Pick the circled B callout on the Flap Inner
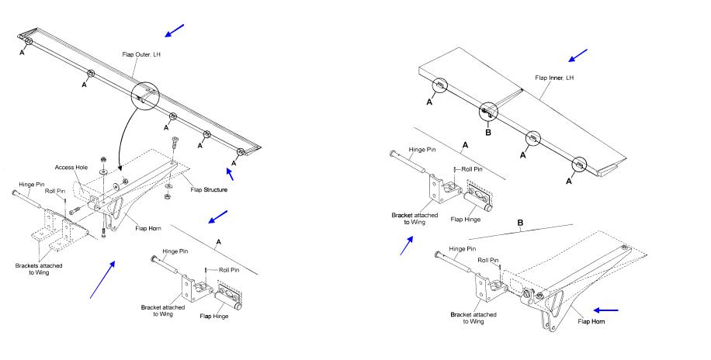point(488,112)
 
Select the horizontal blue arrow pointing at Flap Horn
point(629,310)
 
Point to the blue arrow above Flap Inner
point(578,56)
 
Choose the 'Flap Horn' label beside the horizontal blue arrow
point(592,321)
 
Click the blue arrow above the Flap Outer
point(175,30)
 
